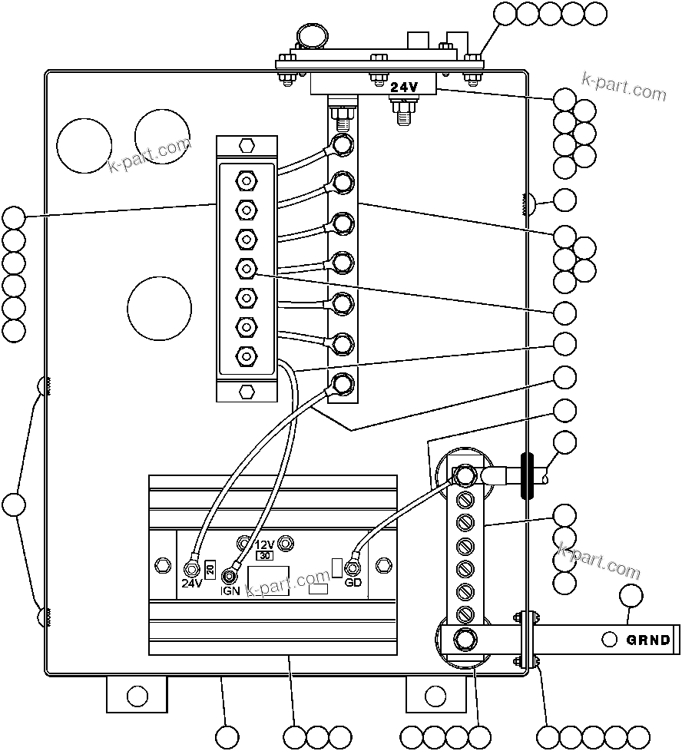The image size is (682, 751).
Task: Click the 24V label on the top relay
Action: point(403,88)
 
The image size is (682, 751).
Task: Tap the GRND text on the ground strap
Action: point(648,640)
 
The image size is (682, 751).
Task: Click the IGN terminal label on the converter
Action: point(230,591)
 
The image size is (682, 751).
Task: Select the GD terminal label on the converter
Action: point(353,583)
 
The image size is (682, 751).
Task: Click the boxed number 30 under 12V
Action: point(265,554)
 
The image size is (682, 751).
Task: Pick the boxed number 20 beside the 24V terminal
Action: point(209,569)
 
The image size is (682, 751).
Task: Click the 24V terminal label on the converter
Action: point(191,583)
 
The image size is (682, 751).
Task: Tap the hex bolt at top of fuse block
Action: point(246,146)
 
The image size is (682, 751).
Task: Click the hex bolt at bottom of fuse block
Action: point(246,391)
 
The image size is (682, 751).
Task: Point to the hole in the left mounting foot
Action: point(137,696)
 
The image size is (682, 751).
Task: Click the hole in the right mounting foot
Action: point(437,696)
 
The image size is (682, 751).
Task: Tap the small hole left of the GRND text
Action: point(609,640)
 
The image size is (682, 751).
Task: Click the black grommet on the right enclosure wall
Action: point(527,476)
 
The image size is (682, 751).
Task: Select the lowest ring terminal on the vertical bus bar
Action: point(342,382)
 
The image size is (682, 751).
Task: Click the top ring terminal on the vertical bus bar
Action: point(342,144)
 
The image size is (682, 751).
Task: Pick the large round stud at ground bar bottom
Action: point(464,639)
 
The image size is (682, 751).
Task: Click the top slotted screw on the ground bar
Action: point(464,500)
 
